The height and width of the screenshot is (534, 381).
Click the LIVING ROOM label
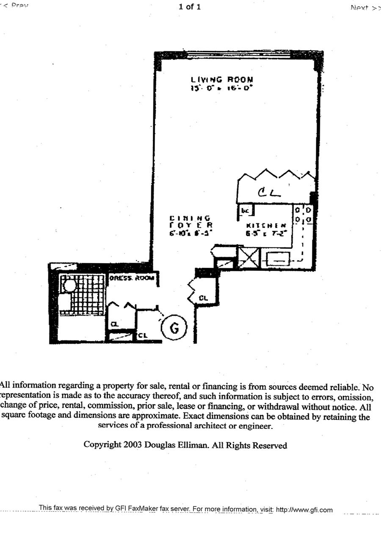(222, 79)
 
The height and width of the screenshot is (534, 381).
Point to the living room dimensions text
(222, 89)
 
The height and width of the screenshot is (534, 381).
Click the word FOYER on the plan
(190, 225)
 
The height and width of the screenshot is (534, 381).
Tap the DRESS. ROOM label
(133, 278)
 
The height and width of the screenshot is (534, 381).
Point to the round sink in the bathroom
(69, 284)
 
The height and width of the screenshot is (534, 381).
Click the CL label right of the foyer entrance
(204, 298)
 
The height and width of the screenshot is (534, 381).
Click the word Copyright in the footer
(103, 445)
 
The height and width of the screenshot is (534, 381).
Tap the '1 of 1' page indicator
(190, 7)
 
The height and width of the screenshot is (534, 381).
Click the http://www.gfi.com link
(304, 510)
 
